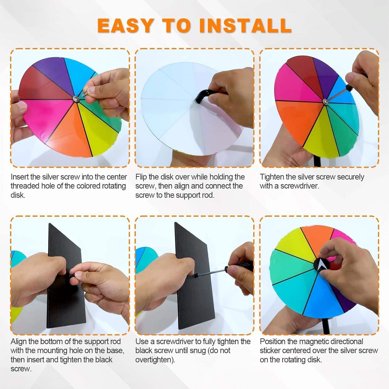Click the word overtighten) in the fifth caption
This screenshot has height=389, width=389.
point(155,360)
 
